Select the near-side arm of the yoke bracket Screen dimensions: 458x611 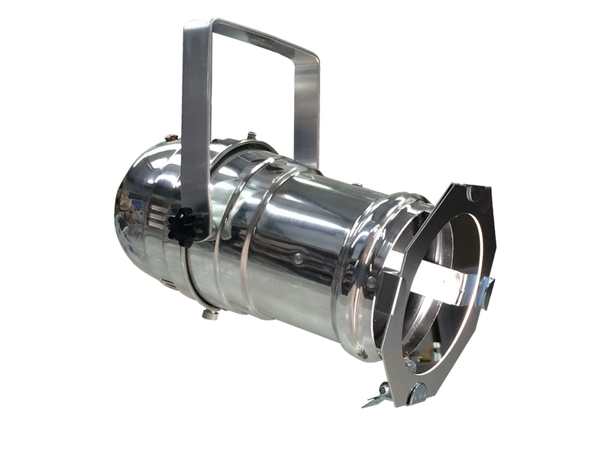pyautogui.click(x=196, y=122)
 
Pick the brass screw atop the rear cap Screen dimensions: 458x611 pyautogui.click(x=170, y=139)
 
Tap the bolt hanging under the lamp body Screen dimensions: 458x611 pyautogui.click(x=209, y=313)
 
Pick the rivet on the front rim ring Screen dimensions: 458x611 pyautogui.click(x=370, y=282)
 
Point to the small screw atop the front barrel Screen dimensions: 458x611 pyautogui.click(x=356, y=185)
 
